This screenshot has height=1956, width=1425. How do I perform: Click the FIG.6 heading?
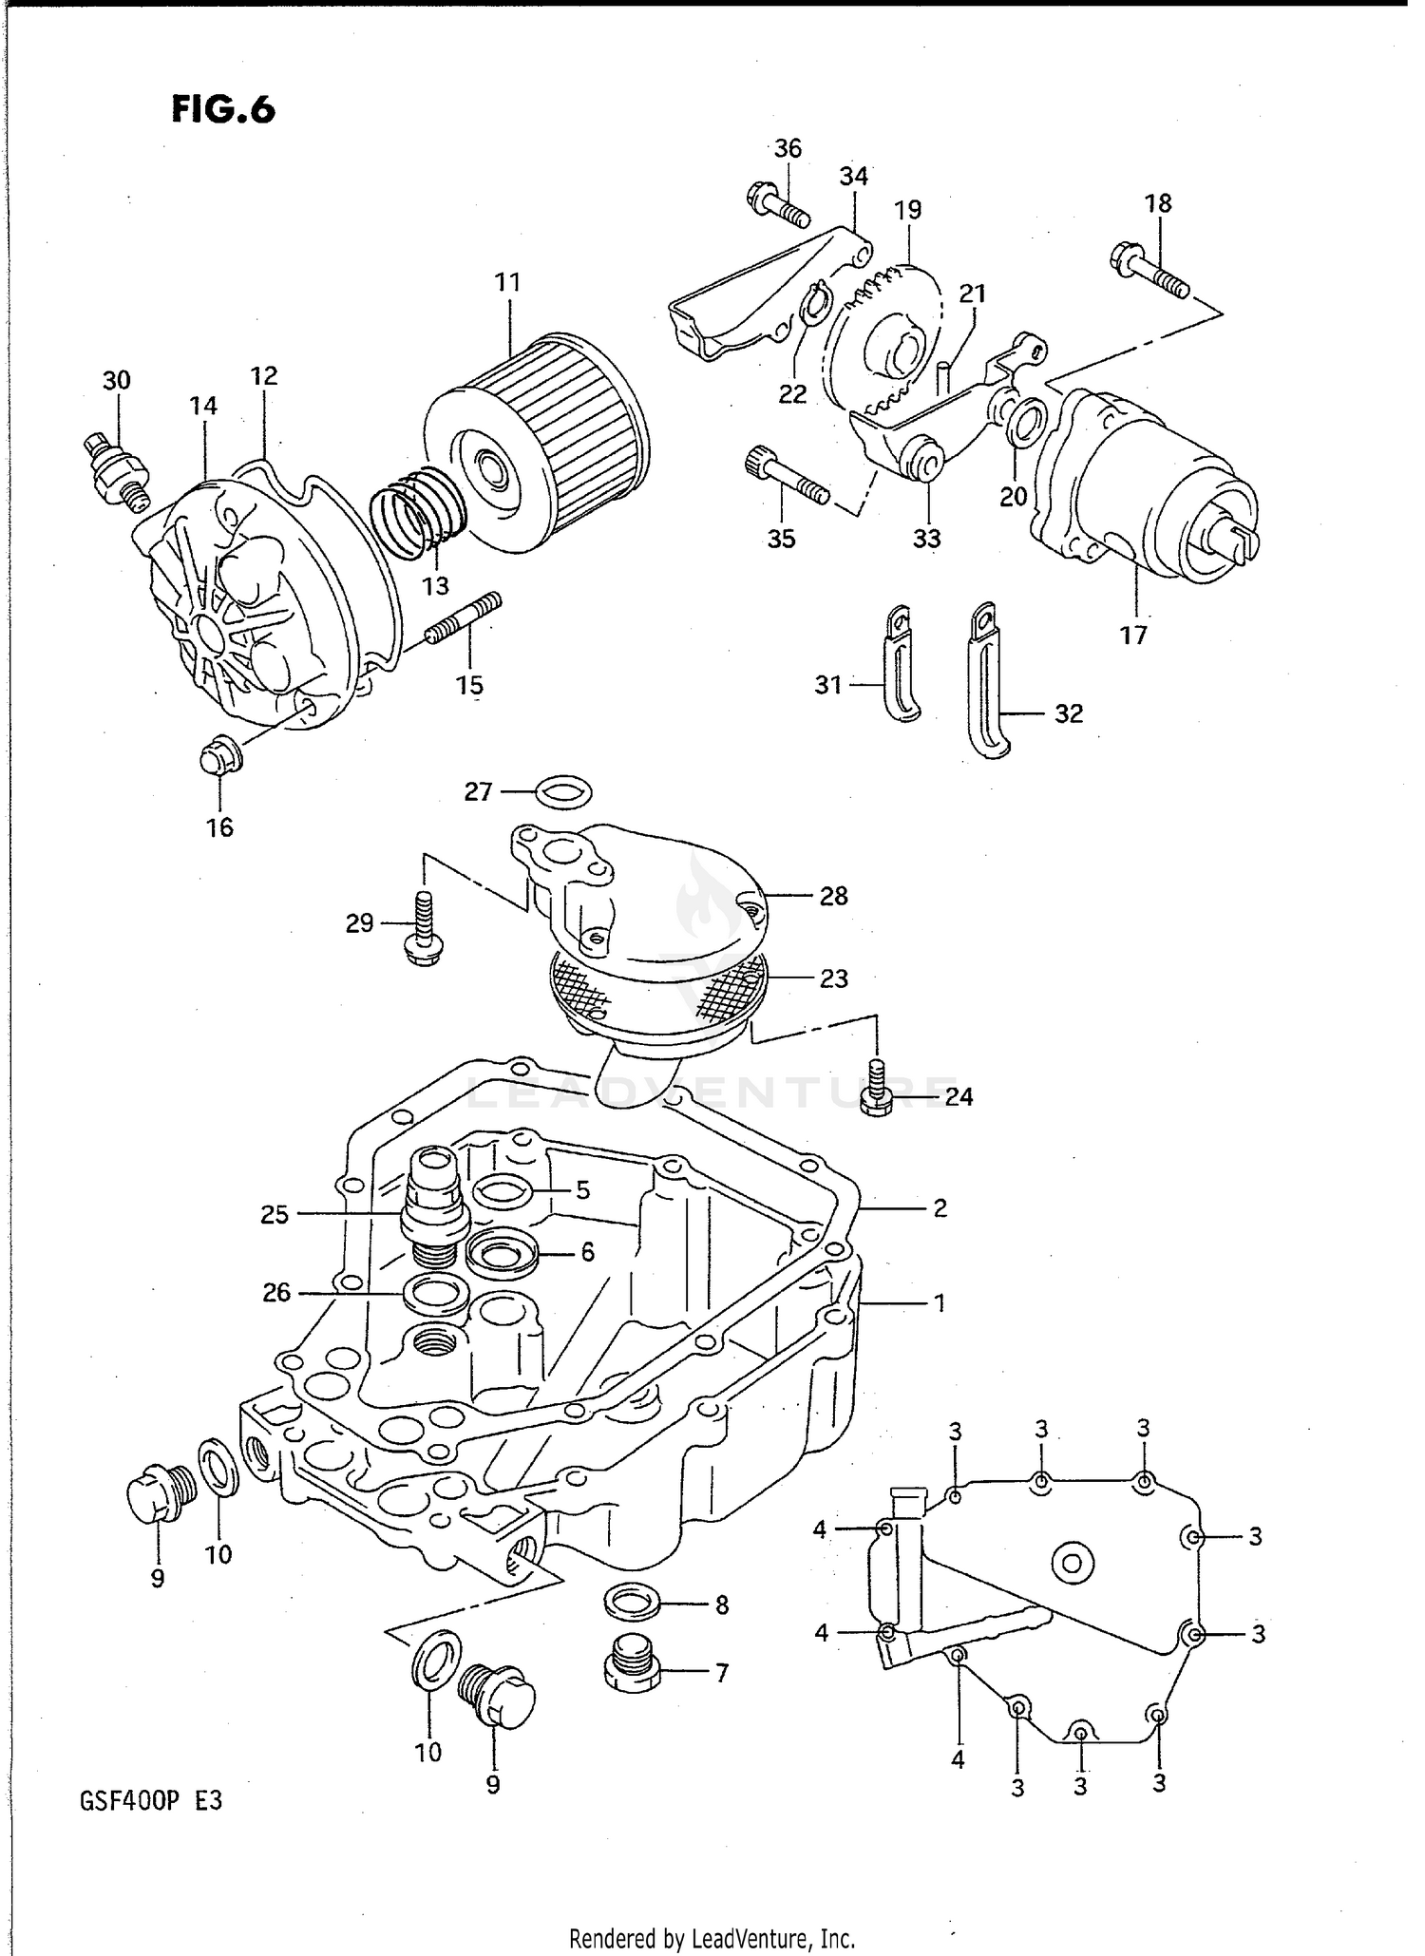coord(223,110)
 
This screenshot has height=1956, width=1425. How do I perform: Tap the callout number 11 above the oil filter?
coord(508,282)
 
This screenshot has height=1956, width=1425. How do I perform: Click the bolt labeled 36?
coord(776,203)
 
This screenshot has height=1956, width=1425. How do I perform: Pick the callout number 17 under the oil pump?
coord(1133,636)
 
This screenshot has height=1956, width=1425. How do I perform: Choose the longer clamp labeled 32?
coord(986,679)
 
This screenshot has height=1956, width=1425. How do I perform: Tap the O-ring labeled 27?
coord(564,790)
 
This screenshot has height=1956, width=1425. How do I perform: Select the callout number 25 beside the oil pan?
coord(275,1214)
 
